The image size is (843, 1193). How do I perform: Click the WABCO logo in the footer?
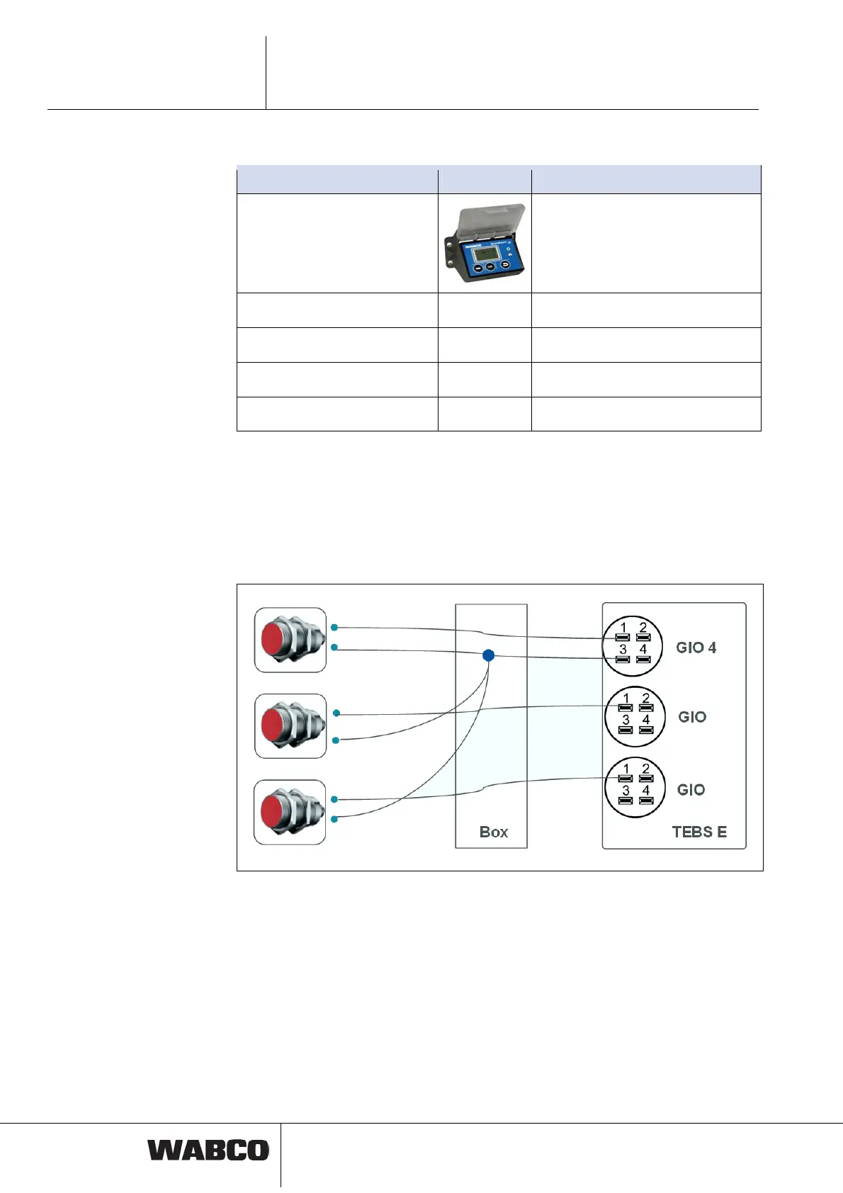pyautogui.click(x=208, y=1150)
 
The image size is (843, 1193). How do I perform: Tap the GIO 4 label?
pyautogui.click(x=696, y=648)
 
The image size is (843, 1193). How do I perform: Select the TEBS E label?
pyautogui.click(x=699, y=832)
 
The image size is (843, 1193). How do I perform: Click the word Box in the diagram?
pyautogui.click(x=494, y=832)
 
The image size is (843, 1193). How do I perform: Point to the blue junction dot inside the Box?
pyautogui.click(x=488, y=655)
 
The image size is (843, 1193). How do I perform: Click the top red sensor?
pyautogui.click(x=290, y=640)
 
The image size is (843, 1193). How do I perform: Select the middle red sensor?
pyautogui.click(x=290, y=726)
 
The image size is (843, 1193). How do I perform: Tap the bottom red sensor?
pyautogui.click(x=290, y=812)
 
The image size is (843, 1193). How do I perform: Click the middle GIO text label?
pyautogui.click(x=692, y=717)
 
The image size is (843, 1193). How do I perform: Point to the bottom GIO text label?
pyautogui.click(x=691, y=790)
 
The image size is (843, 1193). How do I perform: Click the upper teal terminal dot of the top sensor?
pyautogui.click(x=334, y=628)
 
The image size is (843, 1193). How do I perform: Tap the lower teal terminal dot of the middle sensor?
pyautogui.click(x=336, y=740)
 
